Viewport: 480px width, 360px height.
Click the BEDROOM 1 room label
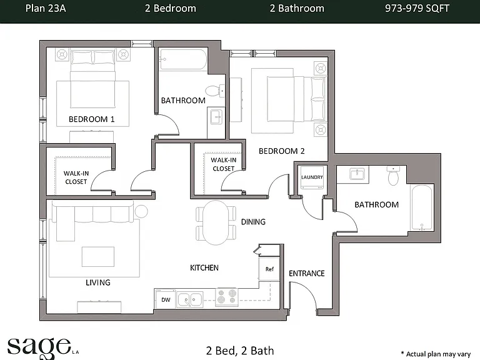pos(91,119)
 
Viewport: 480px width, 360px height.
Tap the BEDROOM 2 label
pos(282,151)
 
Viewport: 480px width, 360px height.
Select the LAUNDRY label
pos(312,177)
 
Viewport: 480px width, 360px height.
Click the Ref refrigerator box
pos(269,269)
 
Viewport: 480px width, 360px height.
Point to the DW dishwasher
pos(166,299)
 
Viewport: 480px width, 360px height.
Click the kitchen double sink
pos(190,299)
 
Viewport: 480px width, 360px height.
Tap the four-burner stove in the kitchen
pos(227,297)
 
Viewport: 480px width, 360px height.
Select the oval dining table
pos(216,222)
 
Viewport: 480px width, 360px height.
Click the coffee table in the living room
pos(98,256)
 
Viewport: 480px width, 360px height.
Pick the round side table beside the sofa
pos(141,211)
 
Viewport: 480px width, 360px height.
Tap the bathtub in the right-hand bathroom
pos(422,207)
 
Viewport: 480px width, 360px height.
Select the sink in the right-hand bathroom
pos(357,174)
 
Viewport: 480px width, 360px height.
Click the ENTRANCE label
pos(307,273)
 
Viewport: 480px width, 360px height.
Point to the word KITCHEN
pos(204,268)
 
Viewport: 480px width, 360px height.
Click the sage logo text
pos(39,347)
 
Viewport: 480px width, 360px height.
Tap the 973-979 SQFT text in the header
pos(417,8)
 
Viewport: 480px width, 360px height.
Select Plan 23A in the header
pos(45,8)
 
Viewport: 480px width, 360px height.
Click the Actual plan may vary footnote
pos(436,354)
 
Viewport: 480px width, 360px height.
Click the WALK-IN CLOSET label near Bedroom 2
pos(224,164)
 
